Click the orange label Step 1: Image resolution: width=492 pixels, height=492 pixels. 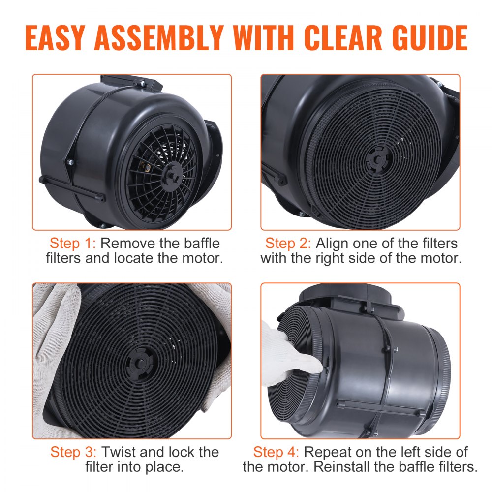click(72, 244)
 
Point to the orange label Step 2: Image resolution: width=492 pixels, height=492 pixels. click(288, 244)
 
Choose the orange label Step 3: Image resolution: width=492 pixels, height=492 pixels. click(73, 452)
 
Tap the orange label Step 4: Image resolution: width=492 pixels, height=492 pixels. click(276, 452)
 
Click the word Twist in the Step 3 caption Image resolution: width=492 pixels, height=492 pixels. click(119, 452)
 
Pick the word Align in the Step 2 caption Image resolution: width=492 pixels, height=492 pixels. click(332, 244)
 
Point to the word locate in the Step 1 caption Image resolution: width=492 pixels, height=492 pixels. click(134, 258)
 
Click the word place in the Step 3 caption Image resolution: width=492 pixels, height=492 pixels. click(166, 467)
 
